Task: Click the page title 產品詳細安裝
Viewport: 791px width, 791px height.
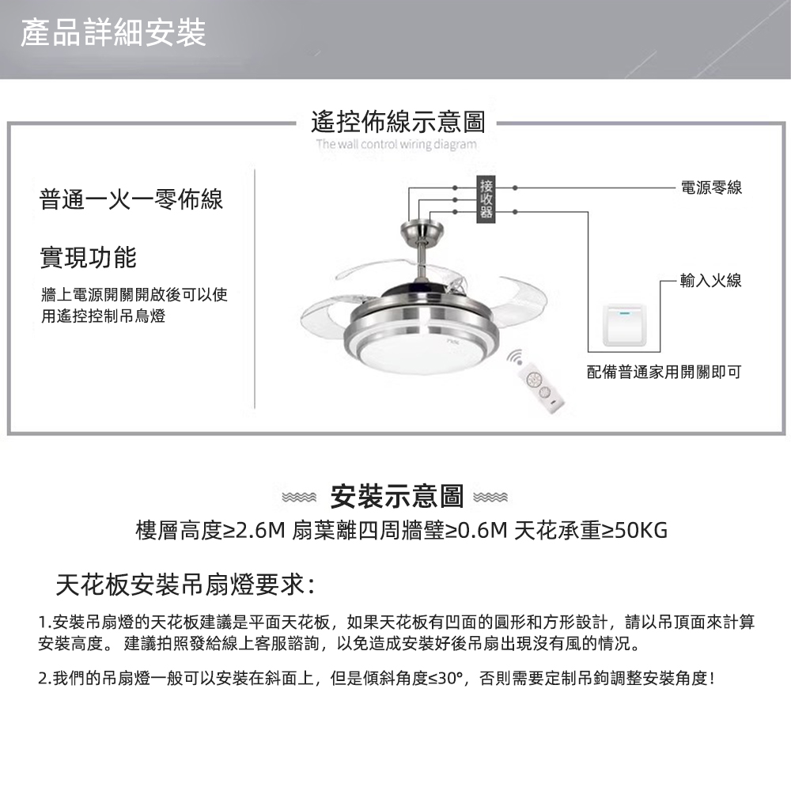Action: [x=113, y=32]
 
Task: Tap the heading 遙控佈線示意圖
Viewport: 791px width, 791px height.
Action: [x=398, y=122]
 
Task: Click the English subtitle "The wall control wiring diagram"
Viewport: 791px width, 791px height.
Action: [x=396, y=145]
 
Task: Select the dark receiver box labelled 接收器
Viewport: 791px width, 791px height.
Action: [x=486, y=199]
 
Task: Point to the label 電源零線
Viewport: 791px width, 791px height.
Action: [x=711, y=187]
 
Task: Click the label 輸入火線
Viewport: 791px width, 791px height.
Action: [x=711, y=280]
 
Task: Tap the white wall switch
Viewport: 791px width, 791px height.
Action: [x=625, y=325]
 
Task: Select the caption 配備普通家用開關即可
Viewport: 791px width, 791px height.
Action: [x=664, y=373]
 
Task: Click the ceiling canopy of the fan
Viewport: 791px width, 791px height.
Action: [x=422, y=233]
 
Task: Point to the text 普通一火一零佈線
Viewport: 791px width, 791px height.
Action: [x=131, y=199]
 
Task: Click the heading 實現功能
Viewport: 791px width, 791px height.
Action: [x=89, y=257]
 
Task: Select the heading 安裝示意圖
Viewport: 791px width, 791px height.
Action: [x=396, y=497]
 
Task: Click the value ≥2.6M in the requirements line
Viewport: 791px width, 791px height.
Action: [x=254, y=530]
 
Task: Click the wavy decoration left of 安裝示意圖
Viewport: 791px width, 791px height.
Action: [x=300, y=498]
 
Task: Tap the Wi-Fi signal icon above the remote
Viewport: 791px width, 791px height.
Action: [x=516, y=358]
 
